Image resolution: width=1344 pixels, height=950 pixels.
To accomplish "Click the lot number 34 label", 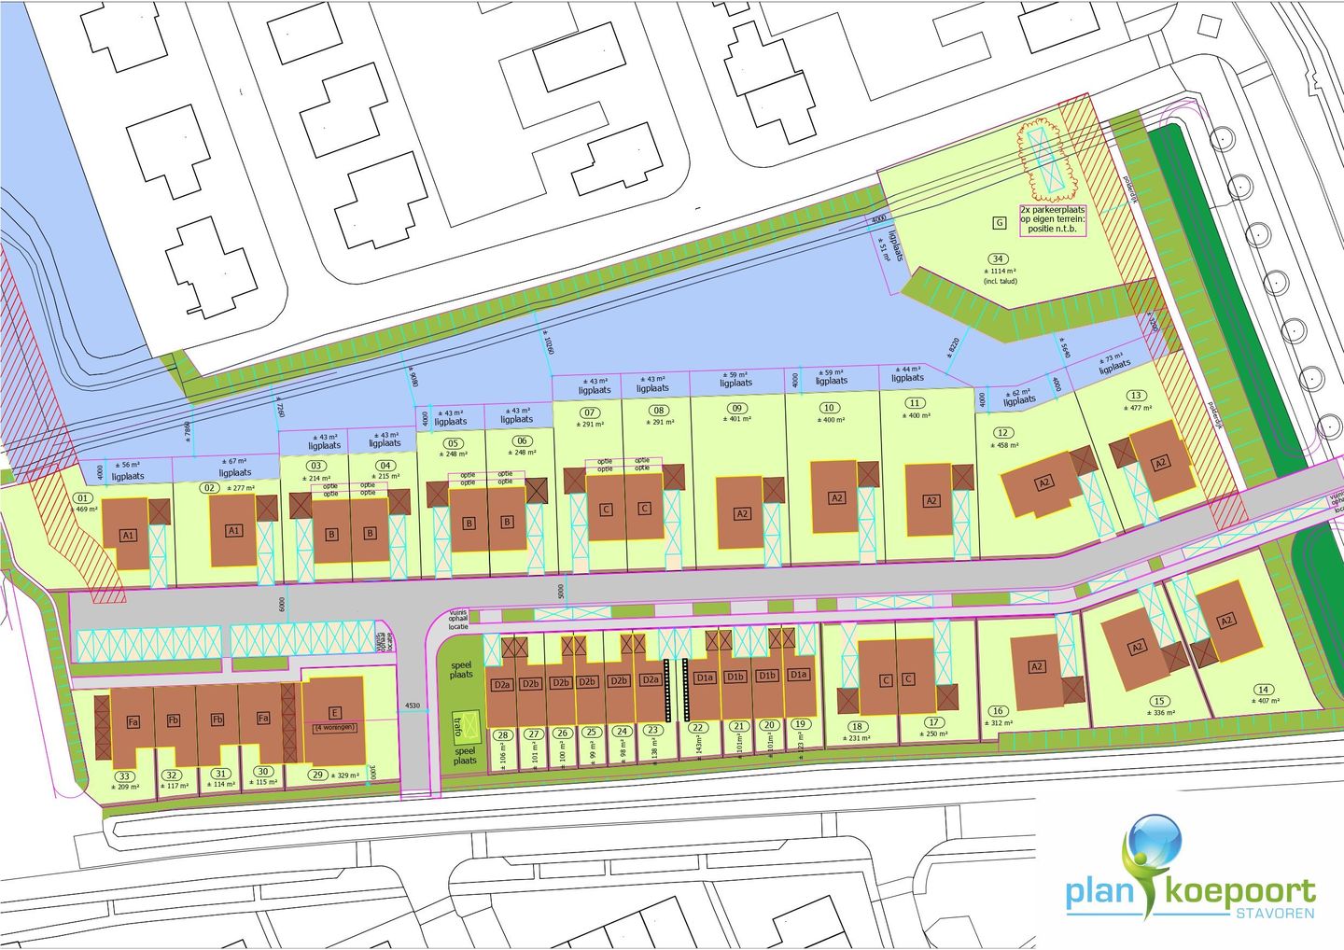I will tap(998, 258).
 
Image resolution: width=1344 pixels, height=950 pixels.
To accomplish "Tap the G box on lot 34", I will tap(999, 222).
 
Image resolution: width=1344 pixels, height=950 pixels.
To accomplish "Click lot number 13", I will tap(1135, 396).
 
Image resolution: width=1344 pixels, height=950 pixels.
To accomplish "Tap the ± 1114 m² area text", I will tap(1000, 271).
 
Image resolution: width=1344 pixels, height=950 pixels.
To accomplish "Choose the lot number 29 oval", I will tap(318, 775).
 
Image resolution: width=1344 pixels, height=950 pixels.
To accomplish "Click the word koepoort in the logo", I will tap(1241, 892).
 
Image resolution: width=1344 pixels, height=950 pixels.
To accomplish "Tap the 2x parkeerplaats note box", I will tap(1052, 220).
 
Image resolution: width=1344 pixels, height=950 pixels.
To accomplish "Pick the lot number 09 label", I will tap(737, 408).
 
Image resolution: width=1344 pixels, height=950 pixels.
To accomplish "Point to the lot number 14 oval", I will tap(1264, 691).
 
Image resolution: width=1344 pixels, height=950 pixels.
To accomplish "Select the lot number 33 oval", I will tap(124, 775).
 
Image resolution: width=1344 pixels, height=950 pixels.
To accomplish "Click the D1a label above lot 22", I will tap(704, 678).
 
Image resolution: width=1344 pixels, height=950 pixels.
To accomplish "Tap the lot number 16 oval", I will tap(998, 711).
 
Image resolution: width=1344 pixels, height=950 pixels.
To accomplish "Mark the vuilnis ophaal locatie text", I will tap(458, 620).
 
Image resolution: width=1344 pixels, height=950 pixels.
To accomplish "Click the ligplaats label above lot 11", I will tap(907, 378).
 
